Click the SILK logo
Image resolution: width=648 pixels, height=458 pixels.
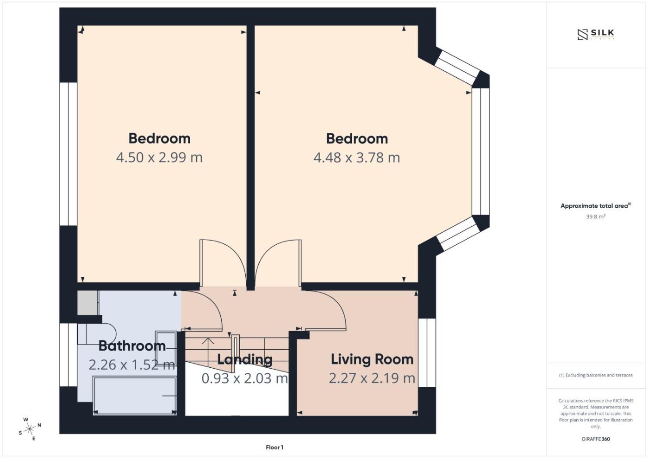pyautogui.click(x=596, y=34)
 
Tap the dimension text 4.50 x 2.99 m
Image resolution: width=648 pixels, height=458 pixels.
pyautogui.click(x=159, y=158)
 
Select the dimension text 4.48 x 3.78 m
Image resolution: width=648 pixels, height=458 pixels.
pyautogui.click(x=357, y=158)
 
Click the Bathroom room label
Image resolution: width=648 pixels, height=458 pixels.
pyautogui.click(x=132, y=346)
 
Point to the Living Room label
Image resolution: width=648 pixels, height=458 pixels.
pyautogui.click(x=372, y=359)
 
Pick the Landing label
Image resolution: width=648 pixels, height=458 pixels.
pyautogui.click(x=245, y=360)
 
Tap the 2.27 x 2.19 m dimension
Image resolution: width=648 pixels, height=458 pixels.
pyautogui.click(x=372, y=378)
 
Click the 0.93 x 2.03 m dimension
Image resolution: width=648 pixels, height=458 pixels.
pyautogui.click(x=245, y=378)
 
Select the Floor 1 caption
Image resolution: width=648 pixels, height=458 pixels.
pyautogui.click(x=274, y=447)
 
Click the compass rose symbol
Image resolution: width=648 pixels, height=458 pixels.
pyautogui.click(x=30, y=429)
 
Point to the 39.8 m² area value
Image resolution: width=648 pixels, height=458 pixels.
pyautogui.click(x=595, y=217)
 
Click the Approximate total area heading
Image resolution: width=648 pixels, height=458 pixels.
pyautogui.click(x=596, y=206)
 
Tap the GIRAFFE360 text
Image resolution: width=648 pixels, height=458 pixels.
pyautogui.click(x=596, y=439)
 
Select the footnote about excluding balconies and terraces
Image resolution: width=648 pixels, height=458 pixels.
pyautogui.click(x=596, y=375)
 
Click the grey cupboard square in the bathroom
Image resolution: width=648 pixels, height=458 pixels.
pyautogui.click(x=87, y=303)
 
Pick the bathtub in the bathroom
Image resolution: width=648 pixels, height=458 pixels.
pyautogui.click(x=135, y=396)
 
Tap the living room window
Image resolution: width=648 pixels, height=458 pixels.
pyautogui.click(x=427, y=353)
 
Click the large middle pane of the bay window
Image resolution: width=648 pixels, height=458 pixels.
pyautogui.click(x=480, y=152)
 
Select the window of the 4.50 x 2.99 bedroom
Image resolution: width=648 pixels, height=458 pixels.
pyautogui.click(x=69, y=154)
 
